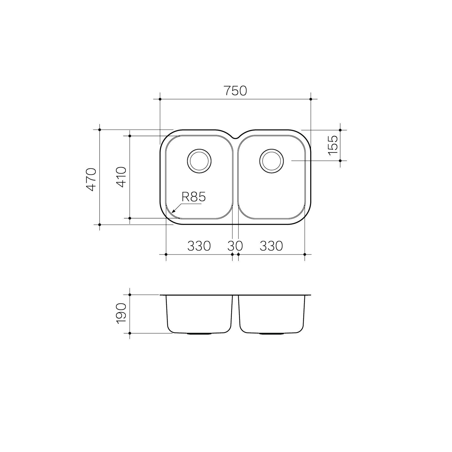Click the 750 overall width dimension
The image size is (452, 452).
[235, 91]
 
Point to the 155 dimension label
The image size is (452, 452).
[333, 145]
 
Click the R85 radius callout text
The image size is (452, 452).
[194, 197]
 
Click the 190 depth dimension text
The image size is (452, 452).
[121, 313]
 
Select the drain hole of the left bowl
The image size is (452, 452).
[199, 161]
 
